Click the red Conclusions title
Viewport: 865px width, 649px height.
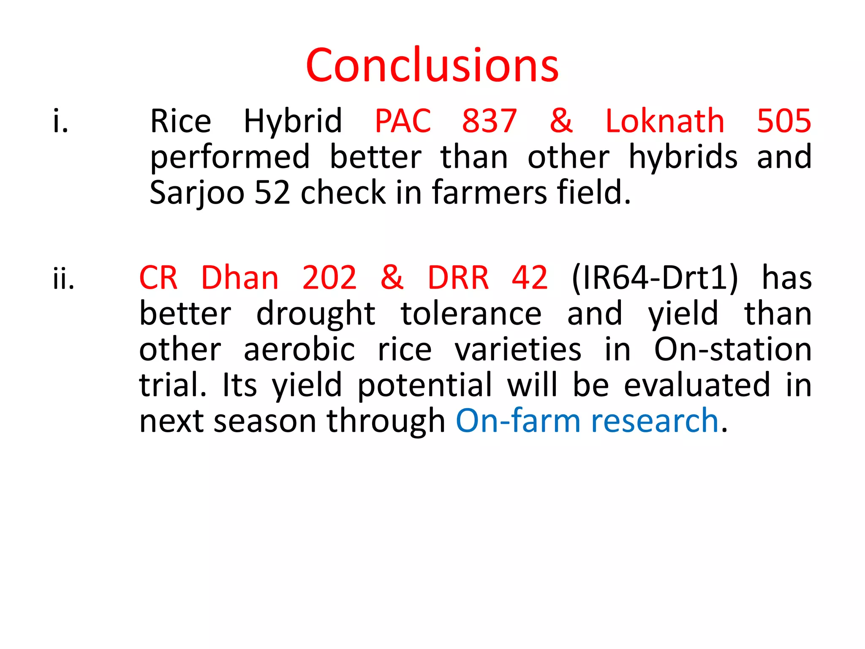click(432, 65)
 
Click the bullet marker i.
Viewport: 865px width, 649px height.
click(60, 122)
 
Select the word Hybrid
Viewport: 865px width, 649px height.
click(293, 122)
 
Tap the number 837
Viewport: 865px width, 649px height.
click(489, 122)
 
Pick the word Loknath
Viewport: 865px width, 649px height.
click(665, 122)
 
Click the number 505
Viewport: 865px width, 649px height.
click(783, 122)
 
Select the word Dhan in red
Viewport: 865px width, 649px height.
click(239, 278)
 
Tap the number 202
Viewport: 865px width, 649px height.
click(329, 278)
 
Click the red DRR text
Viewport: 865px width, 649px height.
click(458, 278)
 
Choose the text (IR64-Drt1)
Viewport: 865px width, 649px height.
click(654, 278)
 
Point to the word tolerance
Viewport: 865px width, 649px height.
click(471, 314)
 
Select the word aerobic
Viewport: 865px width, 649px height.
click(299, 350)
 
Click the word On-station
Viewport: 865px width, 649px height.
click(732, 350)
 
